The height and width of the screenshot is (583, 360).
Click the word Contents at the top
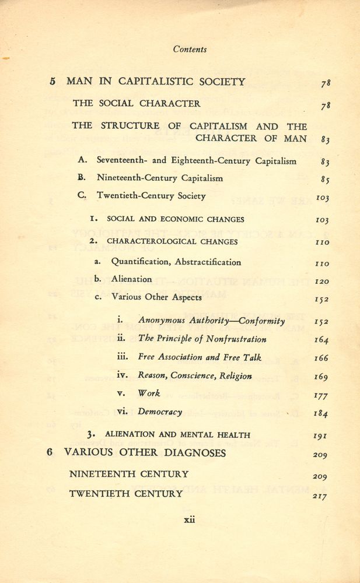point(190,50)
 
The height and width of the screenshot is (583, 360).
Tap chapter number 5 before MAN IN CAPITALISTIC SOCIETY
point(53,82)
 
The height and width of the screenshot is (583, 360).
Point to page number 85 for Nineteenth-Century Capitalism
point(326,178)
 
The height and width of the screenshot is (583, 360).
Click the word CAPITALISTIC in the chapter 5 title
point(152,82)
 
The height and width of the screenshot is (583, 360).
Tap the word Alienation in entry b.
point(131,279)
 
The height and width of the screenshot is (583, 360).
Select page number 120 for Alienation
point(321,281)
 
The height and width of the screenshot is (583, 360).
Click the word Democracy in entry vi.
point(160,412)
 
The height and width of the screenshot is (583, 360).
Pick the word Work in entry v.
point(149,394)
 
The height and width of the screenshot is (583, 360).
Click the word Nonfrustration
point(236,339)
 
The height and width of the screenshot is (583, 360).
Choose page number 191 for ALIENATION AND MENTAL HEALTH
point(321,435)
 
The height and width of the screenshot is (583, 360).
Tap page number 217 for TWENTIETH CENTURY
point(320,496)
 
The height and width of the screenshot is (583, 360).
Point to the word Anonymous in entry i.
point(161,321)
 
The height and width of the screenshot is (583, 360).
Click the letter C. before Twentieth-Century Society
point(82,196)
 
